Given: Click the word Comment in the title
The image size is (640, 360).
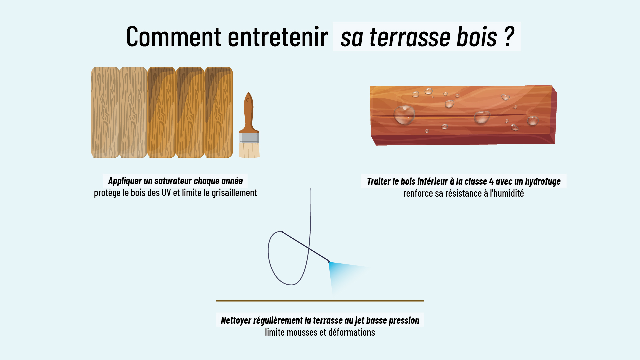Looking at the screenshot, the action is click(174, 36).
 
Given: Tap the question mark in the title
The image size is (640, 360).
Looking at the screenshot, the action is click(509, 36).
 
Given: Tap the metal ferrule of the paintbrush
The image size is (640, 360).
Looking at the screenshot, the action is click(249, 138).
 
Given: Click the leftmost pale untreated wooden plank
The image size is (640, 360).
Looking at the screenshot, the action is click(105, 112).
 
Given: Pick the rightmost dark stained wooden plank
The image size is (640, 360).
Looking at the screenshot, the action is click(219, 112).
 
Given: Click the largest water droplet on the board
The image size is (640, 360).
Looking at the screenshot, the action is click(404, 115).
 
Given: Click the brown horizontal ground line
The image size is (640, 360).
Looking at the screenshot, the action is click(320, 301).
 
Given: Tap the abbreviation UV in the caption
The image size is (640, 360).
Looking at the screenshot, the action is click(166, 193).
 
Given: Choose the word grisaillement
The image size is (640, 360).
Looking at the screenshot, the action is click(234, 193).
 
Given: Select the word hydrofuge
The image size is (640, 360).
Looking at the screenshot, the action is click(543, 182).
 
